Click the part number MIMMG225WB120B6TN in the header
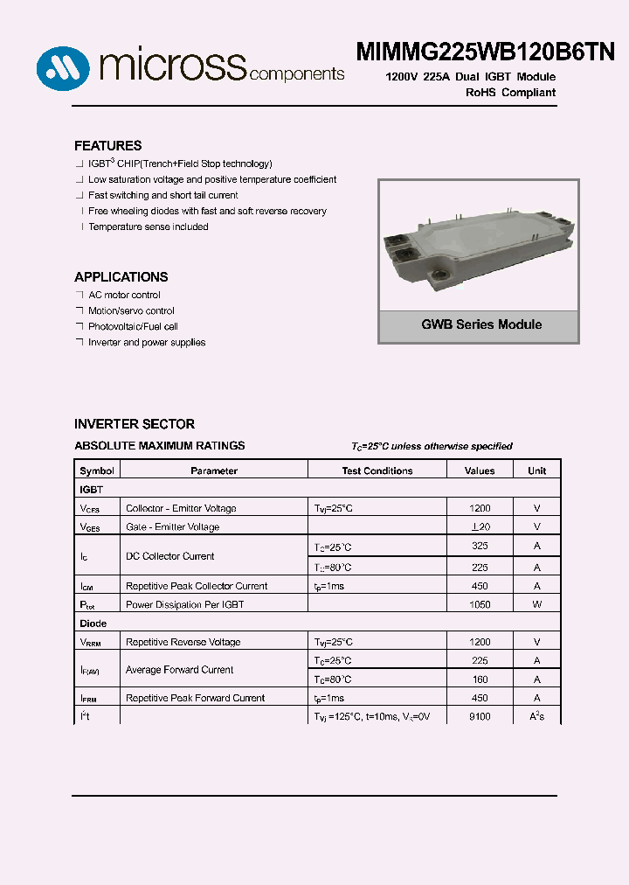coord(485,52)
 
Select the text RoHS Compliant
coord(510,93)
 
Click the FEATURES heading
coord(107,146)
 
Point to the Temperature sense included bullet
coord(148,227)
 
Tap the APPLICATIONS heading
coord(121,277)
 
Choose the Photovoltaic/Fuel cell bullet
coord(133,327)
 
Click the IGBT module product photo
coord(478,242)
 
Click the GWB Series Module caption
coord(481,324)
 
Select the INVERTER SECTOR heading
coord(135,424)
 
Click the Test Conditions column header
coord(377,470)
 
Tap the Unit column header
coord(536,470)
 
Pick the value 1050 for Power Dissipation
coord(480,604)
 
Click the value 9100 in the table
coord(480,716)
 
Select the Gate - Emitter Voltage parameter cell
coord(172,526)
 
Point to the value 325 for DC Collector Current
coord(480,547)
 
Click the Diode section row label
coord(93,624)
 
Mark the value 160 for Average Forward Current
coord(480,679)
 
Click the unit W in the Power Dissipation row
coord(536,604)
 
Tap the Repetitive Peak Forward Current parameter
coord(195,698)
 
